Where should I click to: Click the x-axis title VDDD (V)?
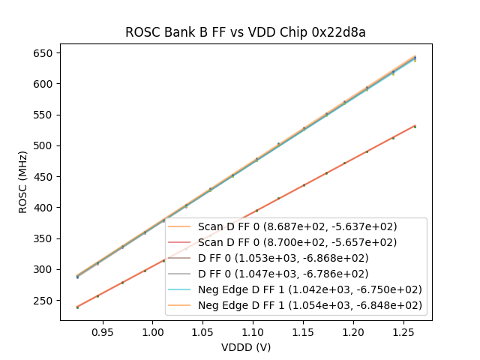coord(245,347)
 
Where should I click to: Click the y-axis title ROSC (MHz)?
coord(23,182)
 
